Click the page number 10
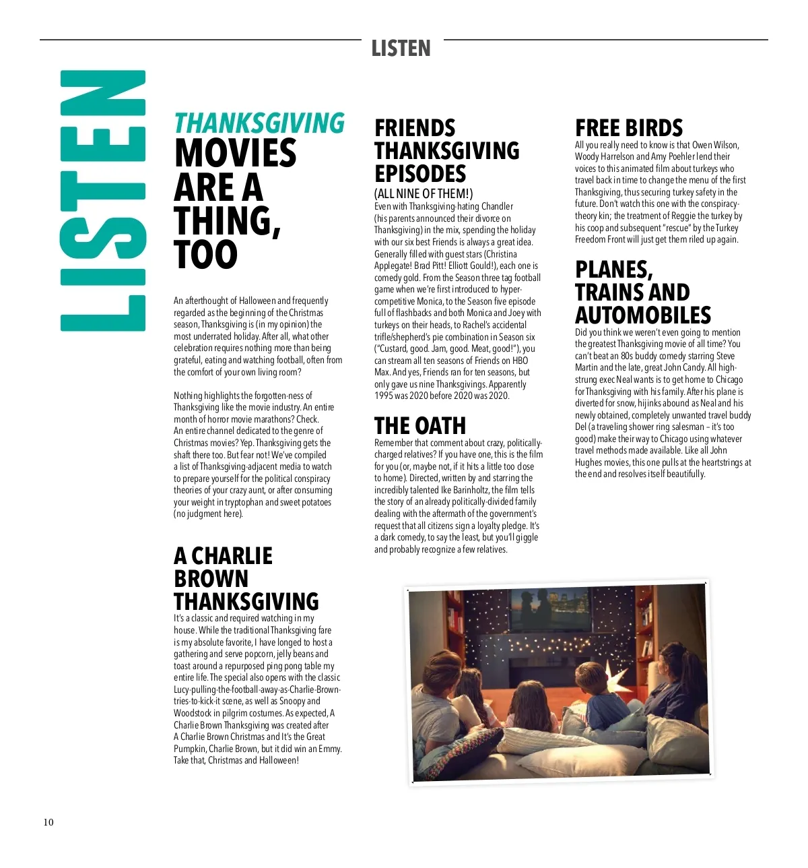(x=48, y=822)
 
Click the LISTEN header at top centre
(x=401, y=49)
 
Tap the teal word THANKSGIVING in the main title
(x=259, y=123)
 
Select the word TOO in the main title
(x=205, y=255)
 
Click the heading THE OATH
(x=419, y=426)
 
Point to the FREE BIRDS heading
(x=629, y=128)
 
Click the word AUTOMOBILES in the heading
(x=643, y=315)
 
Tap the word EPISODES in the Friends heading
(x=420, y=173)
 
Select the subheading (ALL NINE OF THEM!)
(x=424, y=194)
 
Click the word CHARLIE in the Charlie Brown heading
(x=232, y=556)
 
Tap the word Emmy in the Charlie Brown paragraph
(x=329, y=749)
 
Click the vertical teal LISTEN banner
(x=103, y=201)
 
